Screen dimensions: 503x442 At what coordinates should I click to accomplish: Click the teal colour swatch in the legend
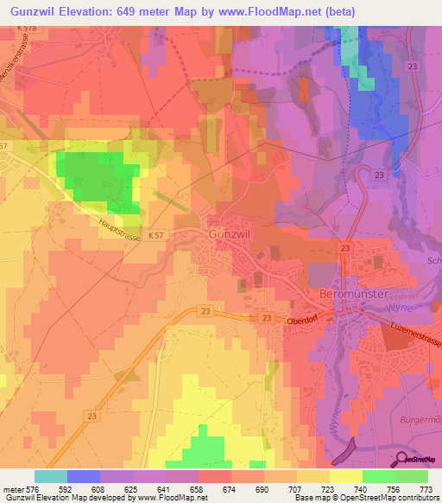pos(50,476)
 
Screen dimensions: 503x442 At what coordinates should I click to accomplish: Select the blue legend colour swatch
pos(84,476)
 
